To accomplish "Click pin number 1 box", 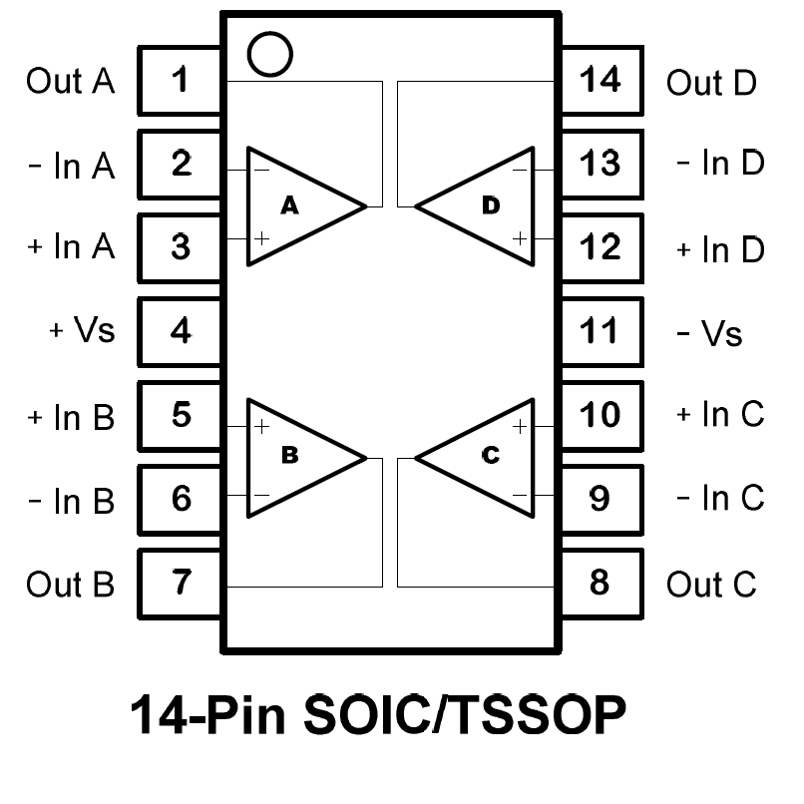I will point(181,80).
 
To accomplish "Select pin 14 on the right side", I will point(601,80).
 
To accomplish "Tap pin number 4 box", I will point(181,330).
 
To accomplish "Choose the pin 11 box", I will point(601,330).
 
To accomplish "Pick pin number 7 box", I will point(181,582).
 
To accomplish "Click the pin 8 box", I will point(601,582).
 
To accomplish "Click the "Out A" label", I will point(71,81).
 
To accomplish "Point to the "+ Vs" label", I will point(83,331).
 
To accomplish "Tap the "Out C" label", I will point(711,584).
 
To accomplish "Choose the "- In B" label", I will point(71,500).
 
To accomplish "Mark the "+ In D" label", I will point(720,249).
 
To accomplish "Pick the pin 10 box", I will point(601,414).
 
